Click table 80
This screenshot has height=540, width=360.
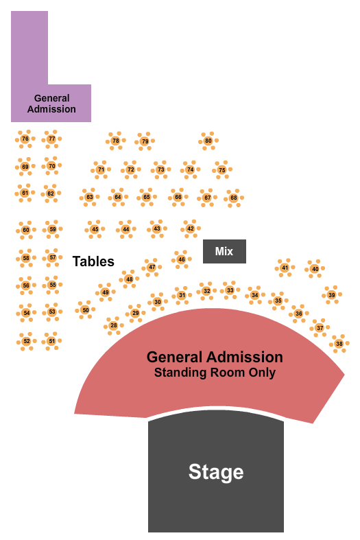208,141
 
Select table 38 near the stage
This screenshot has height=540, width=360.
339,343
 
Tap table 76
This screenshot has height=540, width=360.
25,139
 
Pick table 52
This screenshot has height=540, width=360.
27,341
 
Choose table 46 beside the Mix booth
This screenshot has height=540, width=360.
182,259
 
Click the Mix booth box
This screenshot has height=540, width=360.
224,251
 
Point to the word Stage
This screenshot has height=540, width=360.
216,472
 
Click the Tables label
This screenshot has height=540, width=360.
93,261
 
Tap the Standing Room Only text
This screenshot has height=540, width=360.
215,373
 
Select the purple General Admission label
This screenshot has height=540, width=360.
51,104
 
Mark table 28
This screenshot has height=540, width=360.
114,325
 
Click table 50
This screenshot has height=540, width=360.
85,310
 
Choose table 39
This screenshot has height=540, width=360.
332,295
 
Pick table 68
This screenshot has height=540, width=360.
234,198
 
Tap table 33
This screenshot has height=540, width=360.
230,290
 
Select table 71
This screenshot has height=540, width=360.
101,169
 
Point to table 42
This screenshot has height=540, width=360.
191,228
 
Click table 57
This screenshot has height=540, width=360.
52,257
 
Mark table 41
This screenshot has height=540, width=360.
285,268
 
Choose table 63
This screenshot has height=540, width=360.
89,197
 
